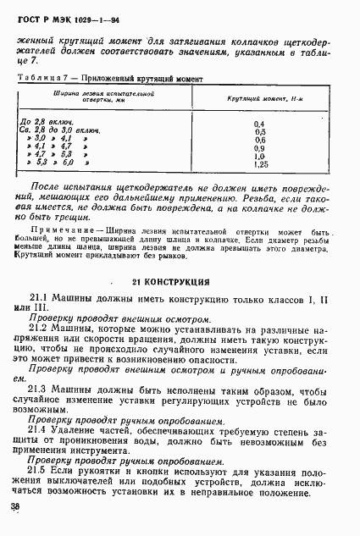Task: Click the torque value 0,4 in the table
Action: click(x=260, y=124)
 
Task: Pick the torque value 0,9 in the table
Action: click(x=260, y=147)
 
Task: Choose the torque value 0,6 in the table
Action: click(x=260, y=140)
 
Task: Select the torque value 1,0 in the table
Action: click(x=260, y=156)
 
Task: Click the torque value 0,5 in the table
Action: click(x=260, y=132)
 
